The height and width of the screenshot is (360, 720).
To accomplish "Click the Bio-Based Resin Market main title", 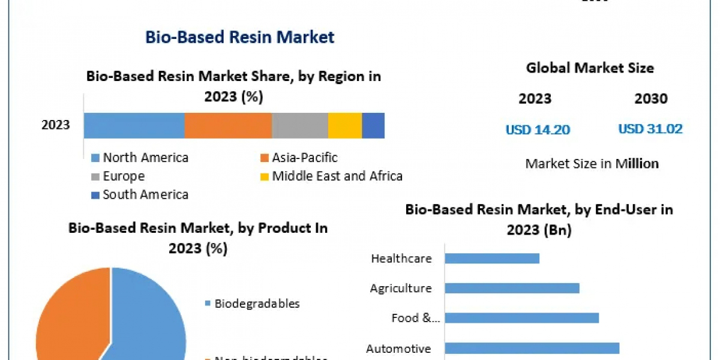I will tap(239, 37).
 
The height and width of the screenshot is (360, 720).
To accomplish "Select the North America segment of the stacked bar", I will tap(134, 126).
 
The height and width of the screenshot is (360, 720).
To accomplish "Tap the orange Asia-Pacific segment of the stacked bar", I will tap(228, 126).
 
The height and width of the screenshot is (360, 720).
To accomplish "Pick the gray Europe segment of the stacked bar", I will tap(300, 126).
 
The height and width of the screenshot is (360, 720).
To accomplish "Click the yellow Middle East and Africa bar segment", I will tap(345, 126).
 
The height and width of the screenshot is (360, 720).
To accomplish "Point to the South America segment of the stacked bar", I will tap(373, 126).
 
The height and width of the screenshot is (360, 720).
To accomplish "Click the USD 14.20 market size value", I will tap(538, 129).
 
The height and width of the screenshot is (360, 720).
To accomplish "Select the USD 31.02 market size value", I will tap(650, 129).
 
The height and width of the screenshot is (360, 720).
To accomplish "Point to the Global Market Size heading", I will tap(590, 68).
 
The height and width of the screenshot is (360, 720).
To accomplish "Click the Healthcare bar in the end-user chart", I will tap(492, 259).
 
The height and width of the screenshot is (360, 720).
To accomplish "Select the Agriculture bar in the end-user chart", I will tap(512, 288).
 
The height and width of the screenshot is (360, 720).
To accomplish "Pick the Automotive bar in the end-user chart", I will tap(532, 348).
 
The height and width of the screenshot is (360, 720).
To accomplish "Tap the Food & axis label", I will tap(415, 318).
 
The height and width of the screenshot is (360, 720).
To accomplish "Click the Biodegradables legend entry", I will tap(256, 304).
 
